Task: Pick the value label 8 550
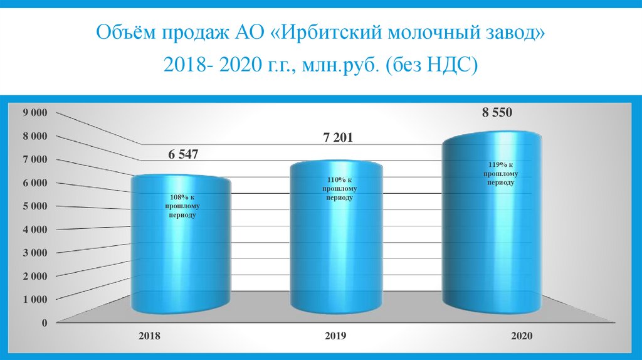(x=497, y=113)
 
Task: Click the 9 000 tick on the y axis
(x=35, y=113)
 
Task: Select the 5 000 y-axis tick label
(x=35, y=206)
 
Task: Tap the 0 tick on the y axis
(x=44, y=323)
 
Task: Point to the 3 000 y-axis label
(x=35, y=253)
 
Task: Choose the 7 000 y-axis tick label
(x=35, y=160)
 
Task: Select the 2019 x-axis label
(x=336, y=336)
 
